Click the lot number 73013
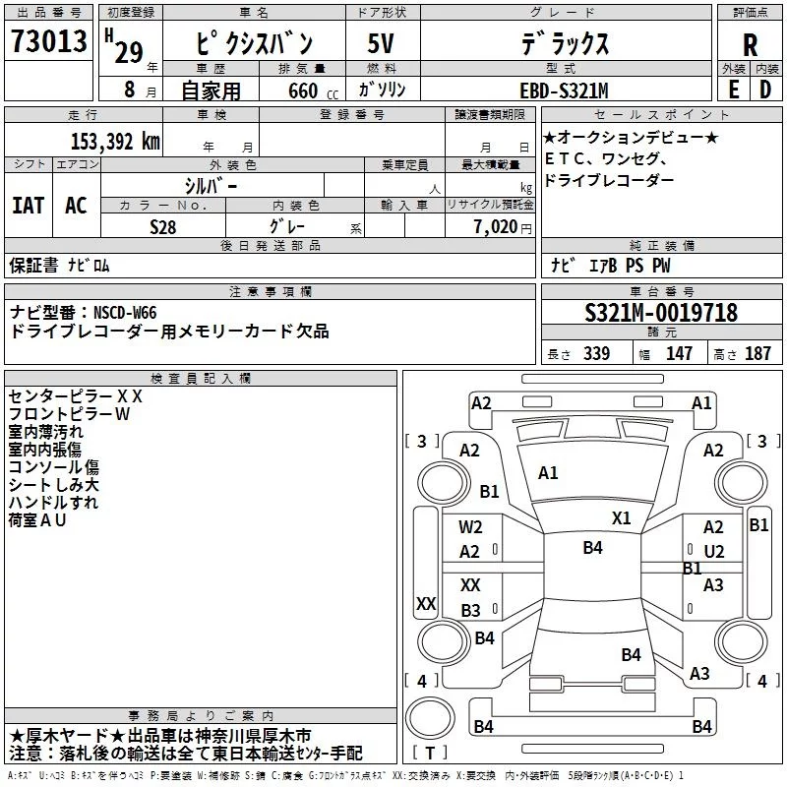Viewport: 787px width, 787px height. tap(49, 40)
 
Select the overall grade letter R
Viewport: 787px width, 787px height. tap(750, 45)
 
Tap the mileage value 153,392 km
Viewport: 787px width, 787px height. tap(115, 142)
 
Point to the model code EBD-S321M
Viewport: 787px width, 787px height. tap(564, 91)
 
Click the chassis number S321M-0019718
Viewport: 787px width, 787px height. tap(661, 313)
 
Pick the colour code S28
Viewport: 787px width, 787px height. tap(163, 227)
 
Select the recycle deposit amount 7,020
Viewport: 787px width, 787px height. tap(496, 227)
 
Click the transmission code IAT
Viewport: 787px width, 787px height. tap(29, 206)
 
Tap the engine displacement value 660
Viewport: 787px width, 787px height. tap(303, 91)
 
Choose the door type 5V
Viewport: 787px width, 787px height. tap(381, 43)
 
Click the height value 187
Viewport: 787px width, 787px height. tap(757, 353)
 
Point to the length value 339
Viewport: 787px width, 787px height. tap(596, 353)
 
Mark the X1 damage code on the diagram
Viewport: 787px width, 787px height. tap(621, 518)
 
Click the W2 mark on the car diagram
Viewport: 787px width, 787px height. tap(470, 527)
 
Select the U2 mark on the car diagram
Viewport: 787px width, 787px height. tap(714, 552)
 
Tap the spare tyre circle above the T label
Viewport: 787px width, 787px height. tap(430, 718)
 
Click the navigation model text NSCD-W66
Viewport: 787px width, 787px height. tap(125, 313)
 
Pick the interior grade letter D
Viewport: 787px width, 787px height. tap(765, 90)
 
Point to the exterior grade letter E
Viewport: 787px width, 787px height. tap(734, 90)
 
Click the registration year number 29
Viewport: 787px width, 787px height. tap(129, 53)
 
